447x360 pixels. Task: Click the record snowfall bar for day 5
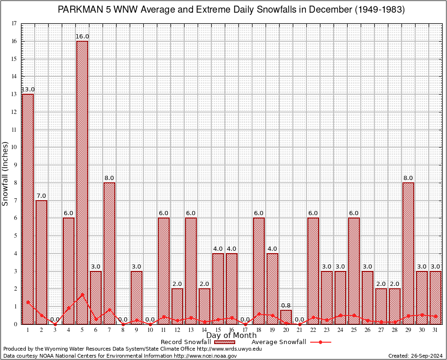[x=82, y=183]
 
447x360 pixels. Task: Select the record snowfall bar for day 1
[x=28, y=209]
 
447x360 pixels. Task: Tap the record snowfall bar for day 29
[x=408, y=253]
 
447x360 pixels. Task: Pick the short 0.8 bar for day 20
[x=286, y=317]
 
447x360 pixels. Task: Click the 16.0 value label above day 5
[x=82, y=37]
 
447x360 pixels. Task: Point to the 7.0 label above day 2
[x=41, y=195]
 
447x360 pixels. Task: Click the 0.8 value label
[x=286, y=306]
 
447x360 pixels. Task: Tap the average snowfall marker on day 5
[x=82, y=295]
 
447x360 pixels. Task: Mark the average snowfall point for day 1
[x=28, y=302]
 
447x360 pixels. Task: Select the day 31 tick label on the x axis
[x=435, y=330]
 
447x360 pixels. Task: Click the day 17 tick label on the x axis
[x=245, y=330]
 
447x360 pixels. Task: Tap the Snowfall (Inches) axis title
[x=5, y=173]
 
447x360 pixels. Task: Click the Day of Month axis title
[x=231, y=336]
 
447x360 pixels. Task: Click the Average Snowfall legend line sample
[x=320, y=342]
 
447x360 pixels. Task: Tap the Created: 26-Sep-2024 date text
[x=415, y=356]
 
